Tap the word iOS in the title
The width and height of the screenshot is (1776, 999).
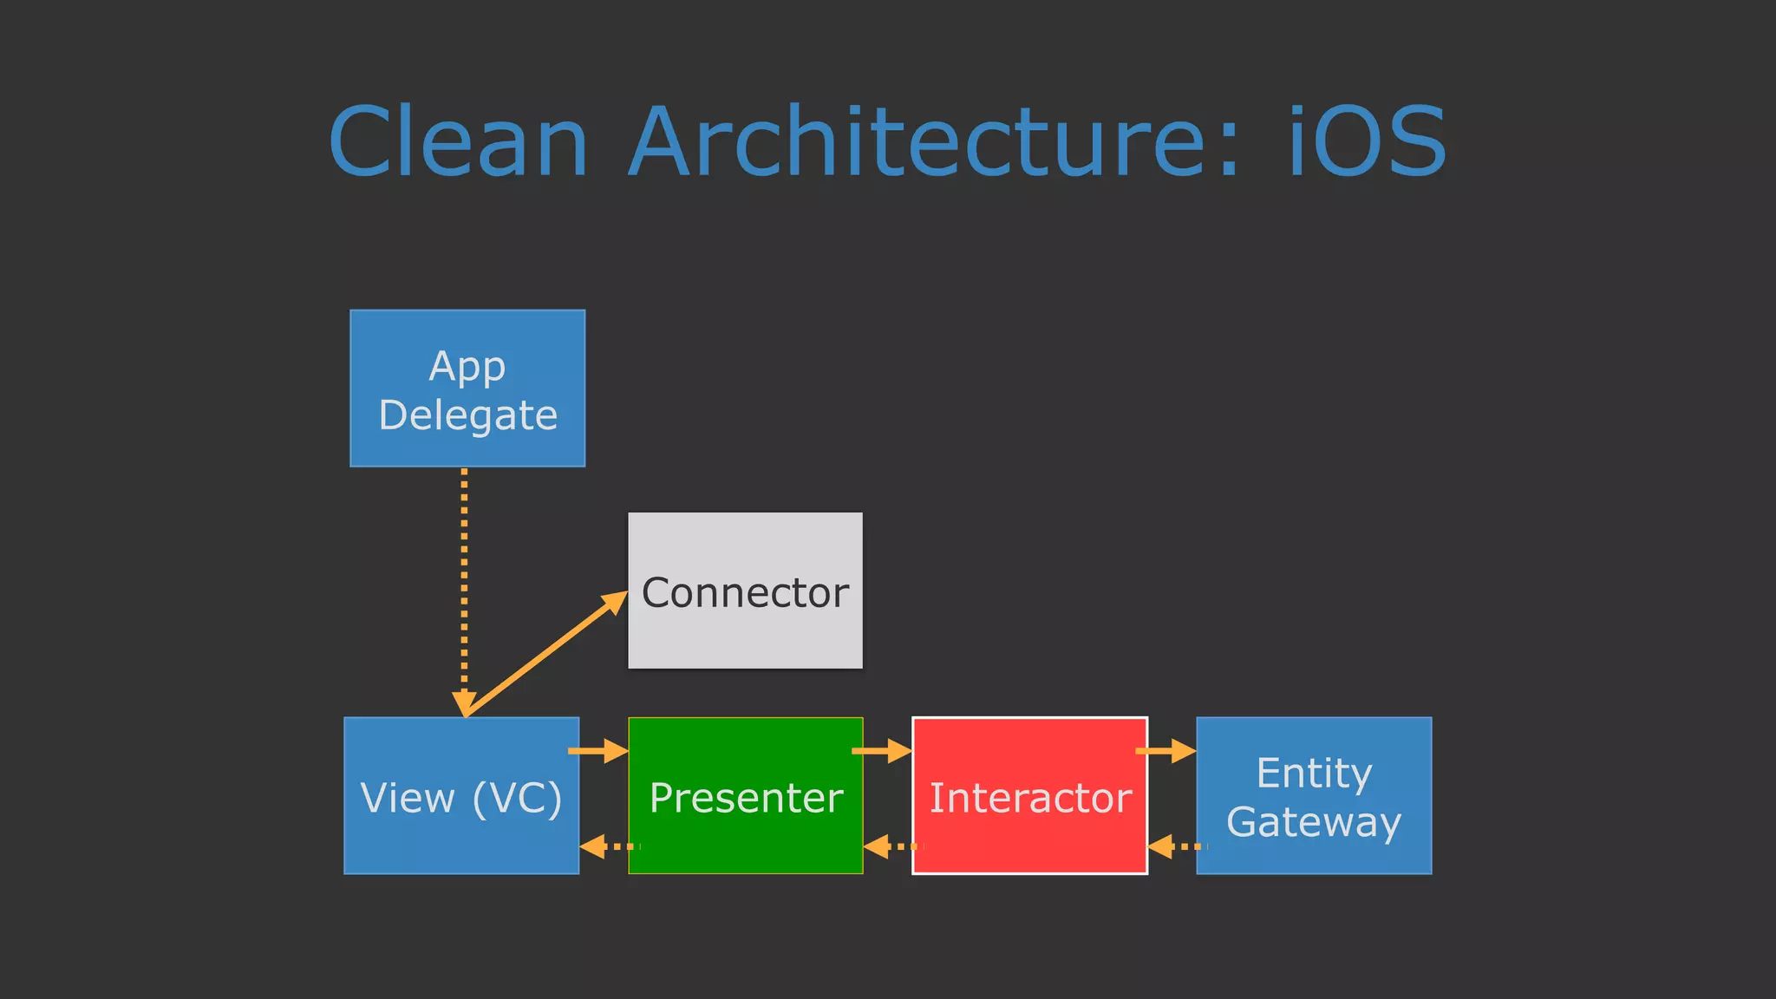1367,142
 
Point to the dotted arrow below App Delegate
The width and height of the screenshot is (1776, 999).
465,581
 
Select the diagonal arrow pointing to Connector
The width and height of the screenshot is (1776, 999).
546,655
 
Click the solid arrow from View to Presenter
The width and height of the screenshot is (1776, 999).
598,750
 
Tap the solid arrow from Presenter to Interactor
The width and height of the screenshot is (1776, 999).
882,750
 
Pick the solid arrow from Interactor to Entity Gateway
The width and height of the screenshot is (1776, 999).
1165,750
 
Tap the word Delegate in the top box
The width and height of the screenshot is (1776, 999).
467,415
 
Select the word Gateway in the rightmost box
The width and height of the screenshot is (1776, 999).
1314,821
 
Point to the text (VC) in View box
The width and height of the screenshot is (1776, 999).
518,797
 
